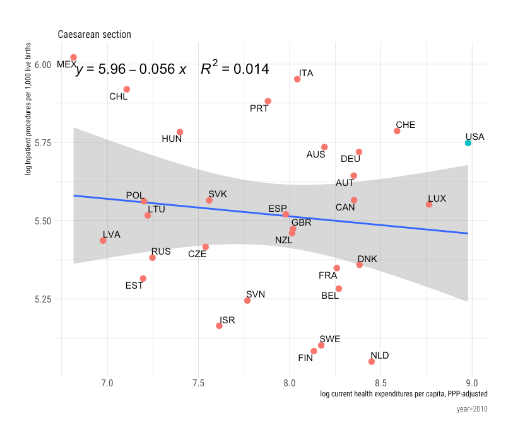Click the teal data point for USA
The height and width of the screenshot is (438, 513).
pos(468,143)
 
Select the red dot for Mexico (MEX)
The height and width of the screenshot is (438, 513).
pos(74,57)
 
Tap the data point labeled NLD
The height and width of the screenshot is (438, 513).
pos(372,361)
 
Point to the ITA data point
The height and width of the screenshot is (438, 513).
pos(297,79)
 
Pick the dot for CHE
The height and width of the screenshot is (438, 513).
pos(397,131)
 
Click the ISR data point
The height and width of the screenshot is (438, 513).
pos(219,326)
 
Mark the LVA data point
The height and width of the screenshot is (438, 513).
pos(103,241)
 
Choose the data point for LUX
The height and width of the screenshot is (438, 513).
pos(429,204)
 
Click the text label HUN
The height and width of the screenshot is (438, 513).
pos(172,139)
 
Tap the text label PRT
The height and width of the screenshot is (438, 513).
pos(259,108)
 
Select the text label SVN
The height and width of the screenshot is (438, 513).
pos(256,294)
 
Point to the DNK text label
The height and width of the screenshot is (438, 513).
pos(367,259)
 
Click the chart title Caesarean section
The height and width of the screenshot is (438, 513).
pos(94,34)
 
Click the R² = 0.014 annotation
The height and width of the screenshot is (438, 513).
pos(235,69)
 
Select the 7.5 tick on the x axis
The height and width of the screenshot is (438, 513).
pos(198,383)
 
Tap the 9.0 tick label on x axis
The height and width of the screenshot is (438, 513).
pos(471,383)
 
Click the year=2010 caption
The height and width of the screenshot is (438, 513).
pos(472,409)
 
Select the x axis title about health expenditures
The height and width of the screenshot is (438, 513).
pos(404,394)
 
